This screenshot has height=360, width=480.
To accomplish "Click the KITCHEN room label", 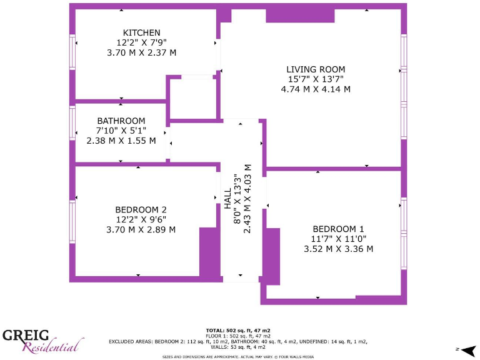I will coord(142,32).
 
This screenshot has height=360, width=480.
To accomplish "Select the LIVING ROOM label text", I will coord(316,69).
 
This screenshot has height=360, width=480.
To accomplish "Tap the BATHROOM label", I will coord(121,121).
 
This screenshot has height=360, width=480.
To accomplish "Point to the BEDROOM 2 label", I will coord(141,209).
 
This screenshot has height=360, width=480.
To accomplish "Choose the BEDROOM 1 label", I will coord(338,229).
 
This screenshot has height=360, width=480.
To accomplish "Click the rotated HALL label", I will coord(227,199).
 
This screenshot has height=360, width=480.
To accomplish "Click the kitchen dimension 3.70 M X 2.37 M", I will coord(142,52).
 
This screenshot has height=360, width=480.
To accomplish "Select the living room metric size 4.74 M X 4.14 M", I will coord(316,89).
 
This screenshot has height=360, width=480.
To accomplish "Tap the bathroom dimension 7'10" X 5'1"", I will coord(121,131).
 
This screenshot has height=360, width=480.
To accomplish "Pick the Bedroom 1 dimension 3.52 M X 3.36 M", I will coord(338,249).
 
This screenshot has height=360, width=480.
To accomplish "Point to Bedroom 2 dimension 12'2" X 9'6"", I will coord(141,219).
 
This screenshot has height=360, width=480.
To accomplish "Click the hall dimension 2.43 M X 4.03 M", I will coord(247,199).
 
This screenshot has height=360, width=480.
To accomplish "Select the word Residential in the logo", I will coord(53,346).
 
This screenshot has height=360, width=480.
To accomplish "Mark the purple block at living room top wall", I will coord(291,16).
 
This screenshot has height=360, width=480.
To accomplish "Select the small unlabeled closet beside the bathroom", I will coord(192,98).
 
